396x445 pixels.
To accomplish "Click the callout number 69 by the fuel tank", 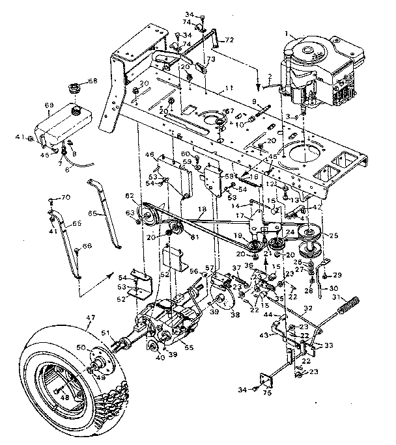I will tap(48, 105).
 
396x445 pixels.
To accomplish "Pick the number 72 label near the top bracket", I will tap(229, 40).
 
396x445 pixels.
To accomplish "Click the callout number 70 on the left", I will tap(66, 198).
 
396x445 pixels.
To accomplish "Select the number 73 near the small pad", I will tap(210, 59).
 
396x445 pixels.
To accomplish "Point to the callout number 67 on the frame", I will tap(229, 111).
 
